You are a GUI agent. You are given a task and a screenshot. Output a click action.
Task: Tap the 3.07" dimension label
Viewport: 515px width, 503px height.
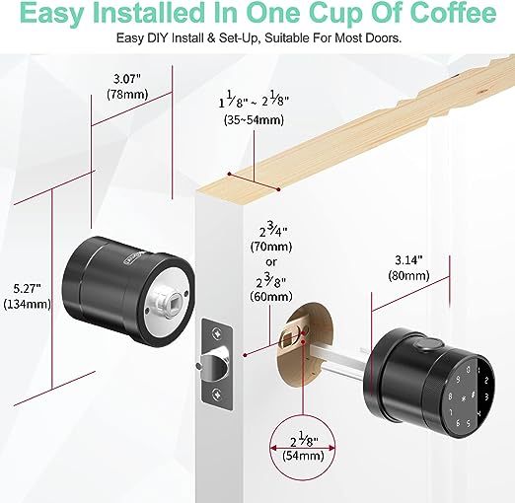pyautogui.click(x=127, y=79)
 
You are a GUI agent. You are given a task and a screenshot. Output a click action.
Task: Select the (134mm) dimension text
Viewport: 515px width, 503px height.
pyautogui.click(x=27, y=305)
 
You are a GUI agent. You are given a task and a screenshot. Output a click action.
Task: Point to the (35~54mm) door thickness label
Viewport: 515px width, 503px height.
pyautogui.click(x=254, y=120)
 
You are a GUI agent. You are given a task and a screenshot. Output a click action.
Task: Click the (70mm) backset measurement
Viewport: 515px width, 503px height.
pyautogui.click(x=271, y=247)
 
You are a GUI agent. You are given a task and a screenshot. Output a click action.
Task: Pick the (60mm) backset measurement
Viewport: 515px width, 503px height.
pyautogui.click(x=271, y=297)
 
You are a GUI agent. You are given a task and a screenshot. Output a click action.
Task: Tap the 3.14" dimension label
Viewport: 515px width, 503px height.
pyautogui.click(x=408, y=260)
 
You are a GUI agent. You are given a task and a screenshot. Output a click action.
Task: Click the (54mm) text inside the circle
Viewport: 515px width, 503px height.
pyautogui.click(x=303, y=456)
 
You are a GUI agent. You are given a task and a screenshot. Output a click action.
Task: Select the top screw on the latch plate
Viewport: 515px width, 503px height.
pyautogui.click(x=217, y=332)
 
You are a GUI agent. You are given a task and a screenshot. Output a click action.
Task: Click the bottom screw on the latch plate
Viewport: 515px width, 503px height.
pyautogui.click(x=217, y=394)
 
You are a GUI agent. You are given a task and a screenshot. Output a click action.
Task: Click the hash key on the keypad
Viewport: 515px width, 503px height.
pyautogui.click(x=473, y=395)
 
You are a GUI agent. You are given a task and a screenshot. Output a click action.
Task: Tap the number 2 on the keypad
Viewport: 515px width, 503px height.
pyautogui.click(x=486, y=381)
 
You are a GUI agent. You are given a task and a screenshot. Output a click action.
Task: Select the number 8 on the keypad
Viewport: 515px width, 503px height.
pyautogui.click(x=450, y=396)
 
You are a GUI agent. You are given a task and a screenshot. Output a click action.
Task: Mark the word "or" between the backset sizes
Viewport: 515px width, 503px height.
pyautogui.click(x=271, y=262)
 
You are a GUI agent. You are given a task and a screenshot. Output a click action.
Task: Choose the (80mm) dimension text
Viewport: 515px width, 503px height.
pyautogui.click(x=408, y=275)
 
